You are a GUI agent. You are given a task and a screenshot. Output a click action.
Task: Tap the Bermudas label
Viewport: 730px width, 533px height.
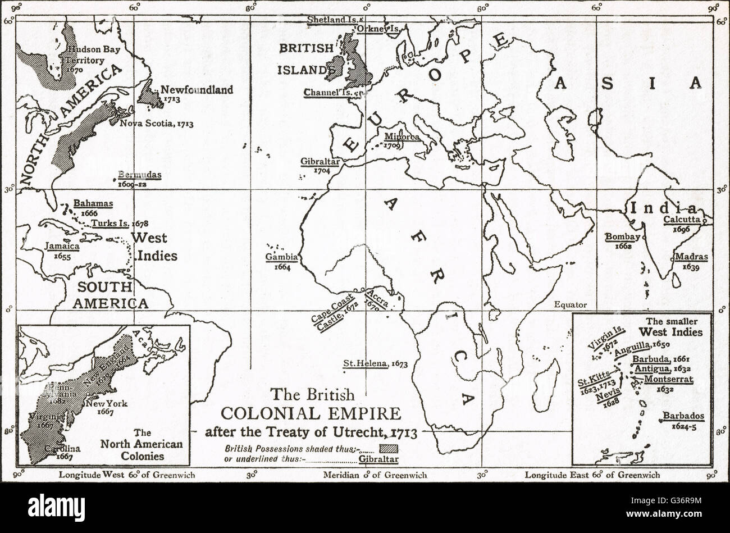click(140, 175)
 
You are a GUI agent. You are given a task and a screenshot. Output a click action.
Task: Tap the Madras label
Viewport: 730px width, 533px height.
click(691, 257)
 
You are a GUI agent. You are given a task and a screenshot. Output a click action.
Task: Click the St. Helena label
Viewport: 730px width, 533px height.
click(366, 363)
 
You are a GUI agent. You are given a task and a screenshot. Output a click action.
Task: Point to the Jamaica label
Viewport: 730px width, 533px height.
click(62, 246)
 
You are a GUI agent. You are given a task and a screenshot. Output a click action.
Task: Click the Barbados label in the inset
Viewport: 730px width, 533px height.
click(682, 416)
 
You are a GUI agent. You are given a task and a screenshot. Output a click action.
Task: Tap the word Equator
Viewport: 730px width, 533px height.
click(570, 305)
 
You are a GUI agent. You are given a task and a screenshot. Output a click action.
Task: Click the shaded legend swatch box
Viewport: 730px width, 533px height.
click(389, 448)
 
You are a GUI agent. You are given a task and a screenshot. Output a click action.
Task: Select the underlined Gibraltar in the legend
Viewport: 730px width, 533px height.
click(380, 459)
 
